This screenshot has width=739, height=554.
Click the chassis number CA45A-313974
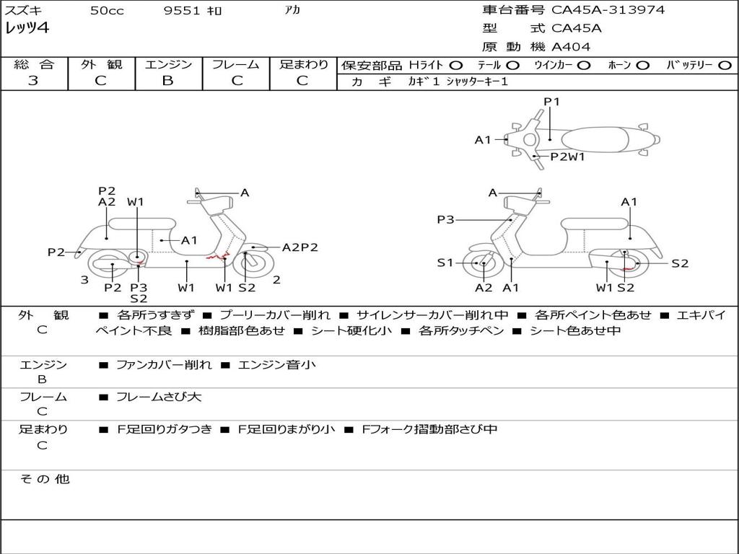tap(608, 10)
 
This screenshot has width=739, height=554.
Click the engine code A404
tap(571, 47)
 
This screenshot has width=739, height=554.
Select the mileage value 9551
tap(182, 10)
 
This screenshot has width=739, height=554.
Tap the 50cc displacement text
tap(107, 10)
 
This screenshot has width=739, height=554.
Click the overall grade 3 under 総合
tap(33, 81)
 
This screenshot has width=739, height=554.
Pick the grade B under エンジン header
tap(167, 81)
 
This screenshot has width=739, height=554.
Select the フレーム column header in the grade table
tap(236, 64)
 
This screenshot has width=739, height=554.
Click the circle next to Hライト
tap(456, 66)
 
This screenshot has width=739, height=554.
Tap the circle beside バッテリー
tap(725, 66)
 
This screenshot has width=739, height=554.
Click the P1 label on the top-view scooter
tap(551, 101)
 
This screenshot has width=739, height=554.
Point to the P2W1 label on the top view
tap(567, 157)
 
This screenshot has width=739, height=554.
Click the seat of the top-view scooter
tap(595, 140)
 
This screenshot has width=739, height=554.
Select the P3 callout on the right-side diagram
tap(445, 219)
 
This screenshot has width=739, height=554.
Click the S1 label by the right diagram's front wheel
tap(445, 263)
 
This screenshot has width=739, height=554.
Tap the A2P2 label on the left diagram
tap(299, 247)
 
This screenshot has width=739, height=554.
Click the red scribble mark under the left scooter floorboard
tap(217, 257)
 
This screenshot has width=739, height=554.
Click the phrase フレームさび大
tap(159, 397)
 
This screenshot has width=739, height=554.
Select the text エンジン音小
tap(276, 364)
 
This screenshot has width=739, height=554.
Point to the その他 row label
tap(45, 479)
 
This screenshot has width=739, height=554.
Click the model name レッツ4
tap(27, 28)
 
